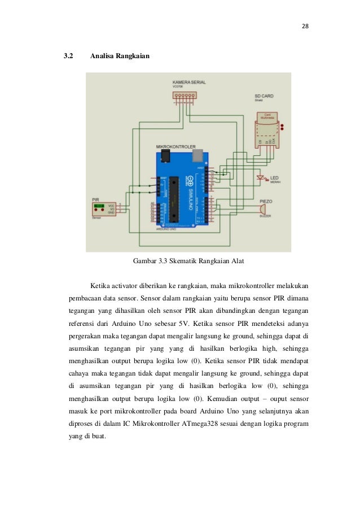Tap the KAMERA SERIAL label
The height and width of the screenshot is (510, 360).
[188, 82]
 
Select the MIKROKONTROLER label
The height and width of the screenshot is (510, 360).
[176, 146]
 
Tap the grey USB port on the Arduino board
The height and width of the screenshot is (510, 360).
[197, 154]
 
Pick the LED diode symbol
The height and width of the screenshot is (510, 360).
[261, 180]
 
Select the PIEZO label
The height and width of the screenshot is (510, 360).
[266, 200]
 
